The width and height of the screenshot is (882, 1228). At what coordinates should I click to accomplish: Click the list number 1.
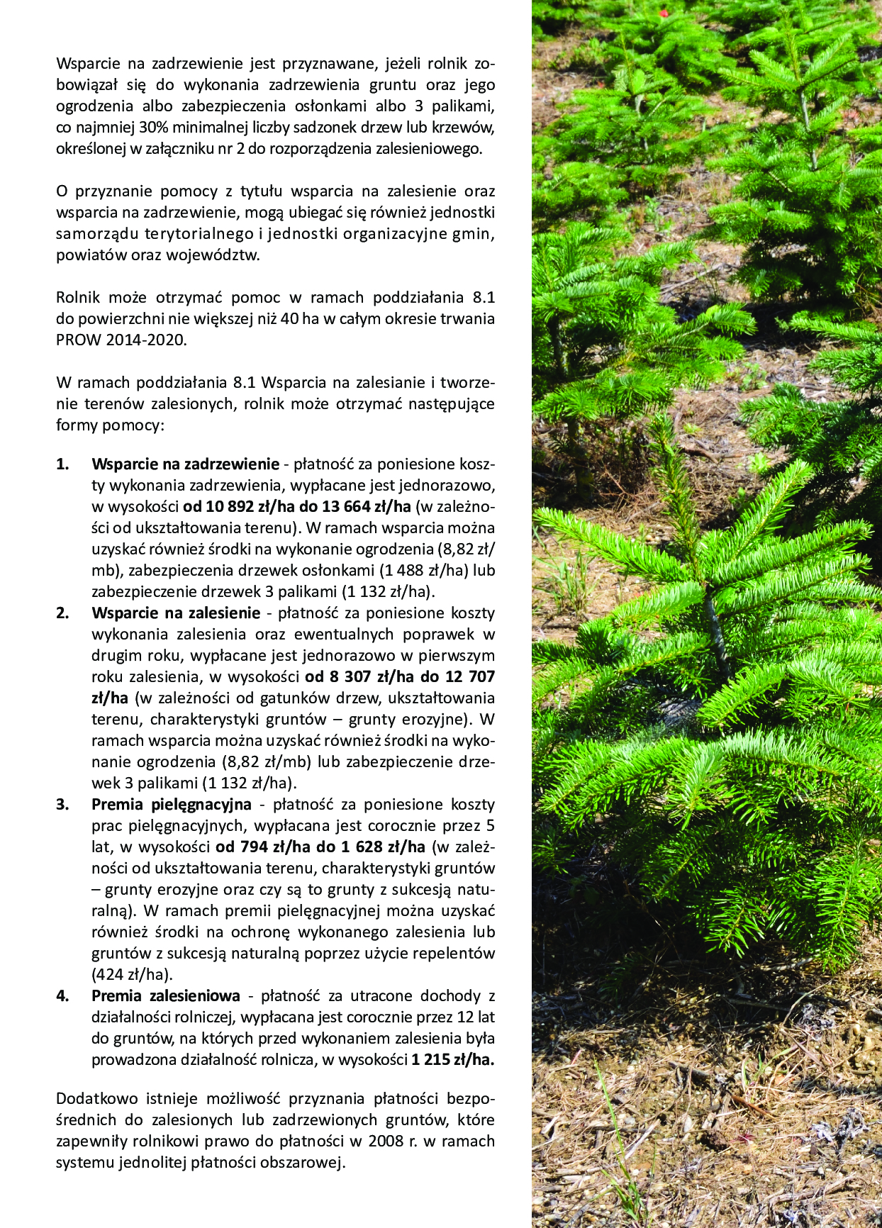(x=62, y=464)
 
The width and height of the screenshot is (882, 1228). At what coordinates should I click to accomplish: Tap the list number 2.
(x=62, y=613)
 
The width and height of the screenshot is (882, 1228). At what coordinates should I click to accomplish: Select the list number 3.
(x=62, y=805)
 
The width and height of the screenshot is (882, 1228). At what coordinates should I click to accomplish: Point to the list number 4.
(x=62, y=996)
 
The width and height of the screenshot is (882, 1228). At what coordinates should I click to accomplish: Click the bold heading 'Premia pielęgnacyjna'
(x=172, y=805)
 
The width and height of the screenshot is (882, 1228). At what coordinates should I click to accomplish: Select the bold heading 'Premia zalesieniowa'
(x=166, y=996)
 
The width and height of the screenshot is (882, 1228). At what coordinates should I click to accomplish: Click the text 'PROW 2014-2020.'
(x=121, y=340)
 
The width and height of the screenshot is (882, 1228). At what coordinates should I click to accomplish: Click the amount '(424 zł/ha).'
(x=133, y=975)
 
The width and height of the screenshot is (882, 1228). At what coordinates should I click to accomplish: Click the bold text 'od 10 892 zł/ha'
(x=241, y=507)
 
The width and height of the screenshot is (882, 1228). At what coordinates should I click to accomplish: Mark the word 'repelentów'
(x=454, y=954)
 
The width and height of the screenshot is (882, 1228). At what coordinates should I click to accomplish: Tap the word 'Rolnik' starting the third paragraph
(x=78, y=298)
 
